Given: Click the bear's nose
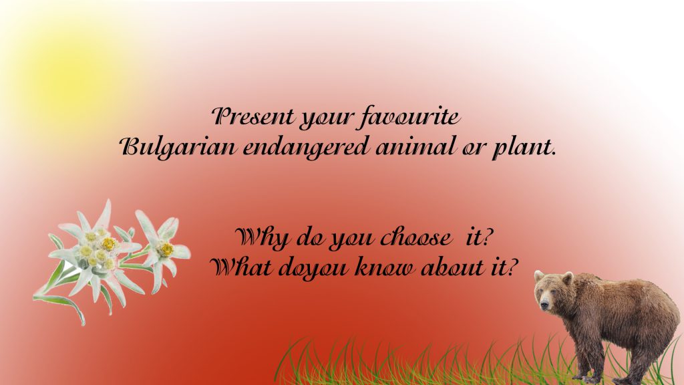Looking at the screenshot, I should (x=543, y=305).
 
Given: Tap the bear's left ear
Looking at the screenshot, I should (x=567, y=277).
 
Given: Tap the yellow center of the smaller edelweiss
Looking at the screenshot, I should (x=166, y=249).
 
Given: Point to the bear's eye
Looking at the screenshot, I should (x=549, y=291).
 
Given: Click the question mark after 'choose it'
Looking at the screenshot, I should (x=495, y=237).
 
